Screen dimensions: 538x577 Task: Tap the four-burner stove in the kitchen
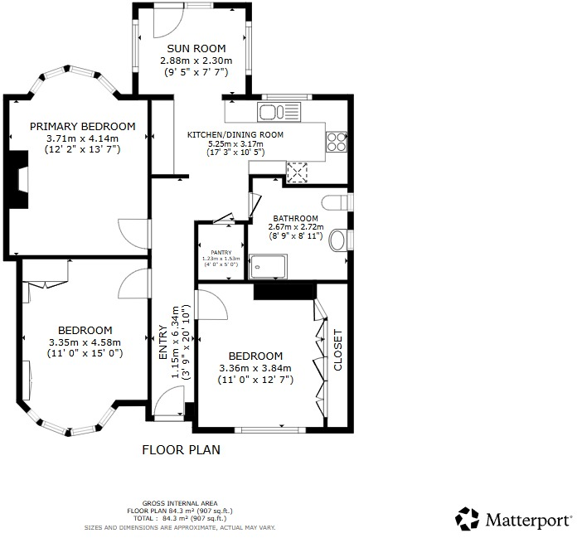pos(337,142)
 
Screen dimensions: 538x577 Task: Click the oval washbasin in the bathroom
pos(337,241)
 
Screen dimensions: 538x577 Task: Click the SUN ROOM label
pos(196,49)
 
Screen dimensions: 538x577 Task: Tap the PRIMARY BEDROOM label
pos(82,126)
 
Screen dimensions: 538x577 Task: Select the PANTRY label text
pos(220,252)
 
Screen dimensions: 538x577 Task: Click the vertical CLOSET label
pos(337,349)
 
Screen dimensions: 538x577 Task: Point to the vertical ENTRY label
pos(163,345)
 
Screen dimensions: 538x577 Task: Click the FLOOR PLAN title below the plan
pos(181,450)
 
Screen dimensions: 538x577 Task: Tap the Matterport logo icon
pos(468,519)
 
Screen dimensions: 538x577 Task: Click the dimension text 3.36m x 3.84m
pos(255,368)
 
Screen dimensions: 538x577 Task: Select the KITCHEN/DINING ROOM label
pos(235,134)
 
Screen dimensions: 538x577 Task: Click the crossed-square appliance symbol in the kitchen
pos(296,171)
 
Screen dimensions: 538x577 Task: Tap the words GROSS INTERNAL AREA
pos(180,503)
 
